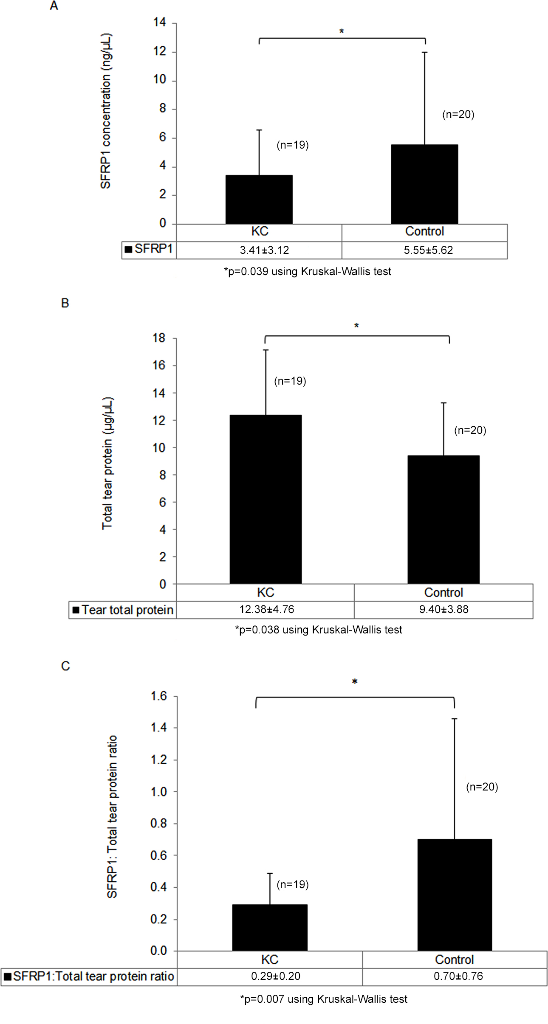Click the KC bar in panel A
(x=259, y=199)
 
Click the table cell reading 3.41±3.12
(x=264, y=250)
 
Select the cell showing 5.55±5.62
(x=428, y=250)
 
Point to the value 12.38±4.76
(x=266, y=609)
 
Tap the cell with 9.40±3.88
(x=443, y=609)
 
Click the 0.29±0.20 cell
(x=275, y=976)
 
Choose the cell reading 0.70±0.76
(x=458, y=976)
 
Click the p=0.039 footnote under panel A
(x=308, y=271)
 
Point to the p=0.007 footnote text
(x=324, y=999)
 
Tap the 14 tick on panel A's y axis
(x=160, y=22)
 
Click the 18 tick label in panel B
(x=159, y=338)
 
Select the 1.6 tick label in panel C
(x=159, y=696)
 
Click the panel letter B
(x=65, y=303)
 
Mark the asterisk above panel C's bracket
(x=355, y=682)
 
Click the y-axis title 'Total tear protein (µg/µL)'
(x=107, y=463)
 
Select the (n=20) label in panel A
(x=458, y=114)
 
